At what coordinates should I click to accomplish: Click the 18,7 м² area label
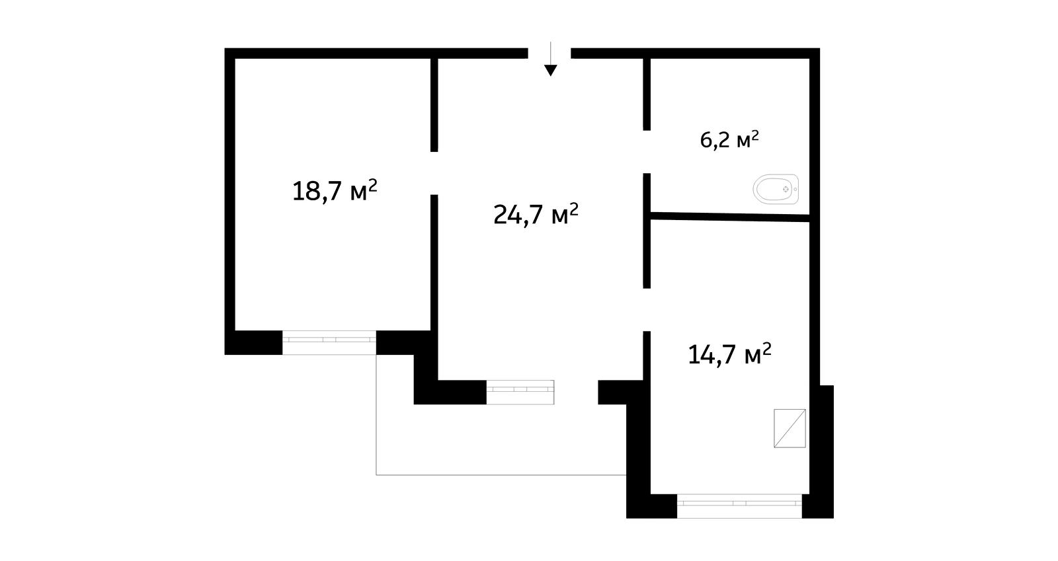pos(335,191)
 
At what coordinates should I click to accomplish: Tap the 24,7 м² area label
pos(536,214)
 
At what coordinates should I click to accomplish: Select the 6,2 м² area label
pos(729,139)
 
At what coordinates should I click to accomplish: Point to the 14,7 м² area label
pos(729,354)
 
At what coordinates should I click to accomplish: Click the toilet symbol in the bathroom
pos(776,189)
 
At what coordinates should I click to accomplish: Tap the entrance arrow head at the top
pos(550,70)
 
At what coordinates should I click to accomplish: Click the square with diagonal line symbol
pos(790,428)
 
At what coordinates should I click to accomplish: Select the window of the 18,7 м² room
pos(329,342)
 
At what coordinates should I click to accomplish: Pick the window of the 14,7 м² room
pos(739,505)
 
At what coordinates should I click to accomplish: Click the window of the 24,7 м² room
pos(520,392)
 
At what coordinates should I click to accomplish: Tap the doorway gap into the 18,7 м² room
pos(434,173)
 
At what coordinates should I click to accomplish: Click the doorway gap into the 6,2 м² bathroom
pos(647,151)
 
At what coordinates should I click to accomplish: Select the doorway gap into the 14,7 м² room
pos(647,309)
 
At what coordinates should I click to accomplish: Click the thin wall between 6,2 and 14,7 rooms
pos(730,217)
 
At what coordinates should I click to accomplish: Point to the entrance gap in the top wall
pos(549,53)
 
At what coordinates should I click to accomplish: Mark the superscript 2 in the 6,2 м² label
pos(754,135)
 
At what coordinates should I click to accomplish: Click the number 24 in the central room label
pos(507,215)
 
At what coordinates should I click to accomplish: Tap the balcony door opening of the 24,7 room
pos(576,392)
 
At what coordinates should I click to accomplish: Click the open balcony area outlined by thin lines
pos(501,439)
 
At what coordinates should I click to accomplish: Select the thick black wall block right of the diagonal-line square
pos(822,451)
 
